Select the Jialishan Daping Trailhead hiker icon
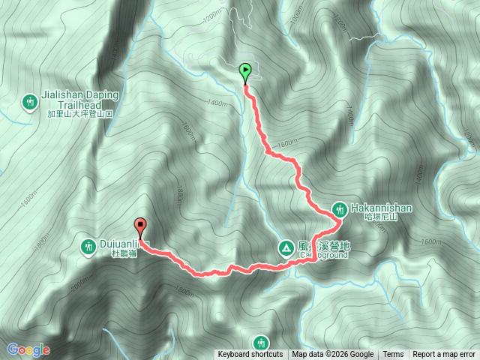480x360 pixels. tap(30, 101)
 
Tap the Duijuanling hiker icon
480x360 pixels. tap(89, 245)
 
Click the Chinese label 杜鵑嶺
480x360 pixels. tap(121, 254)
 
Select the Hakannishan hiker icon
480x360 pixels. tap(339, 208)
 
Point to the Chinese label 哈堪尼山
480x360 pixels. tap(378, 217)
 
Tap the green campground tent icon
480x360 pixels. tap(286, 247)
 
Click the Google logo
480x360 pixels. tap(28, 349)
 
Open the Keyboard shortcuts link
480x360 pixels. tap(250, 355)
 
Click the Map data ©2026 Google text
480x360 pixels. tap(333, 355)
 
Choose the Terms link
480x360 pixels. tap(393, 355)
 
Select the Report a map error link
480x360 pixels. tap(444, 355)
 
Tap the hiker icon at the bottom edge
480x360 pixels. tap(261, 342)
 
